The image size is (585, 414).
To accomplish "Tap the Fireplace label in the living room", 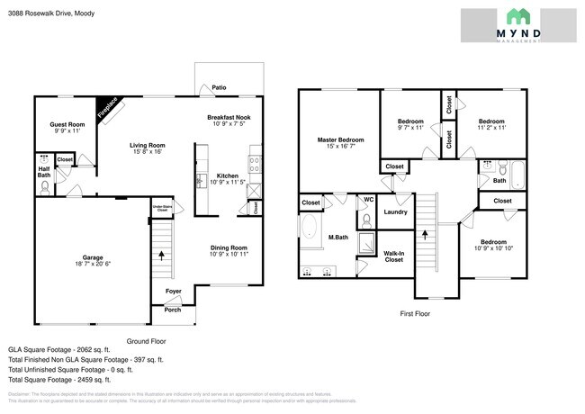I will (108, 108).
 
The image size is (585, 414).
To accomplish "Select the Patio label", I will (219, 88).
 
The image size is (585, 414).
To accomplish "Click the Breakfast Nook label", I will (228, 117).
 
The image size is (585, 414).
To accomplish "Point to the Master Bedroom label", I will (340, 140).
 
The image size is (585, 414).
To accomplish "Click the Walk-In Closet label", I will (392, 256).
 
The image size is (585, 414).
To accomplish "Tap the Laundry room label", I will (395, 212).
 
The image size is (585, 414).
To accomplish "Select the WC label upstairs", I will (368, 199).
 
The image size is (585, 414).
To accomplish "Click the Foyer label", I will (174, 292).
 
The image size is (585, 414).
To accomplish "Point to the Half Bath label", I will (43, 171).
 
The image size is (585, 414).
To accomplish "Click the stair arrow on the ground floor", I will (162, 255).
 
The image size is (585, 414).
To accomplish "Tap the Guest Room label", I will (67, 125).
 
